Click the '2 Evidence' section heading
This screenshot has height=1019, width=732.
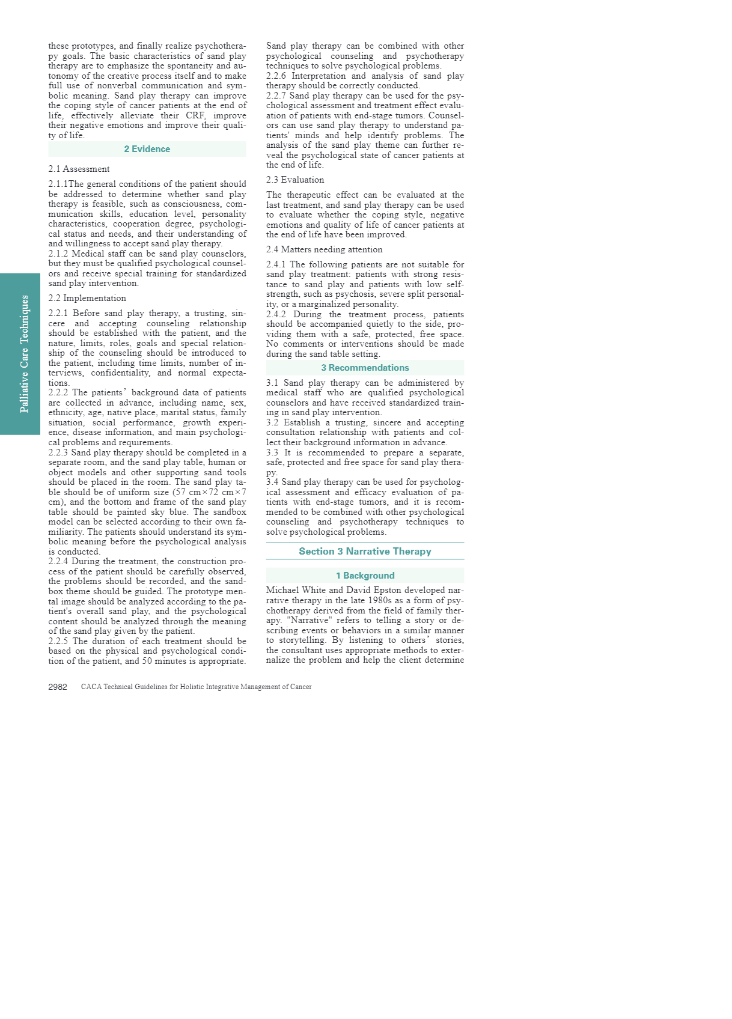coord(147,149)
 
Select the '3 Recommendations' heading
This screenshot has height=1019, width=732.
coord(365,368)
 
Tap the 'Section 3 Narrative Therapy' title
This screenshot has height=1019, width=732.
coord(365,552)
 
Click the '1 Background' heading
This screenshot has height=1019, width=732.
coord(365,576)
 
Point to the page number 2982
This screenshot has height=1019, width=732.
coord(58,687)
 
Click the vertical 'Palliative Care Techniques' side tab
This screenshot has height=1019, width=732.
coord(24,354)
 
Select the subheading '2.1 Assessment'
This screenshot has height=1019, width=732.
coord(79,169)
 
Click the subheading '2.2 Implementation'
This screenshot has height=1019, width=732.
coord(87,299)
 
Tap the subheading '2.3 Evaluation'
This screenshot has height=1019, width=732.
coord(295,180)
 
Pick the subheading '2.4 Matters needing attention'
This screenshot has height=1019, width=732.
coord(324,250)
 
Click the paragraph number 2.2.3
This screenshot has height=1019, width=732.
coord(58,453)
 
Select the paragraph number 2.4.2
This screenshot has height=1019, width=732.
coord(276,315)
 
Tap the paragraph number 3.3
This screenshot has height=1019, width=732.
coord(272,453)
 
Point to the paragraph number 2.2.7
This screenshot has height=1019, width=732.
coord(276,96)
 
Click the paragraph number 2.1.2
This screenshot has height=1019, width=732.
coord(58,254)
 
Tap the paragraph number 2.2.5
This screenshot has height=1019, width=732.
coord(58,642)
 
